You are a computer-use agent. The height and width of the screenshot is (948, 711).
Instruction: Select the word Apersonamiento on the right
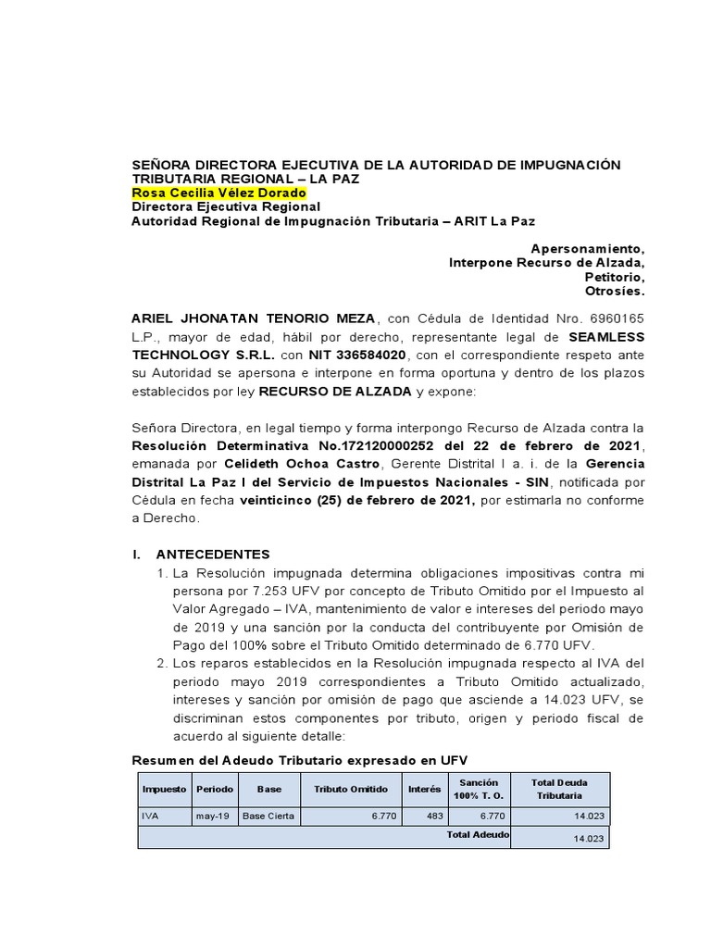[587, 248]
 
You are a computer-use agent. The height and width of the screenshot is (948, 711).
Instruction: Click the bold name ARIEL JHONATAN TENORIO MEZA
[253, 318]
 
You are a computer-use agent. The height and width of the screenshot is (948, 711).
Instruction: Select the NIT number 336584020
[368, 355]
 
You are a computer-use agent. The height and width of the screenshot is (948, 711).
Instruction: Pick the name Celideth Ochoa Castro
[305, 464]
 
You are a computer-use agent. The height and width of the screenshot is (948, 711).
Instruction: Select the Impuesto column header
[164, 789]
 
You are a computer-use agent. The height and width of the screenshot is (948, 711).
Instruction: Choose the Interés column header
[425, 789]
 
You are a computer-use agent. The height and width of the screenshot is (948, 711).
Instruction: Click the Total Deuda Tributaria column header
[560, 789]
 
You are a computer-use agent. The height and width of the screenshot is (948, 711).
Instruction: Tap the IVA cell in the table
[150, 817]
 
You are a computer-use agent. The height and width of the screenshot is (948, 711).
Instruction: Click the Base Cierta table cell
[266, 817]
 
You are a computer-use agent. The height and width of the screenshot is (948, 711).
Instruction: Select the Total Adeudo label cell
[477, 834]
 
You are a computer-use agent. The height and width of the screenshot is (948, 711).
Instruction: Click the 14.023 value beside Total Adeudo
[589, 838]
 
